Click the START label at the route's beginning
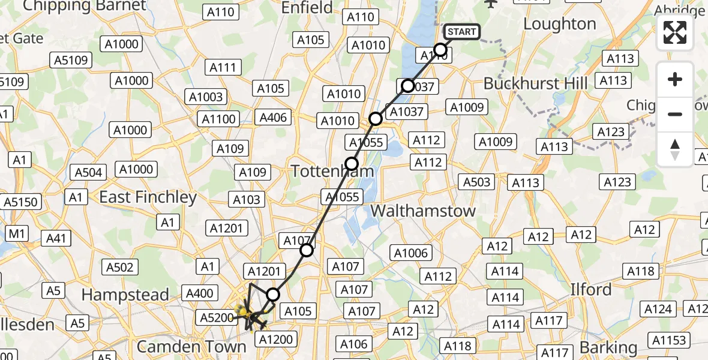462,31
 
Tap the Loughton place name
560,24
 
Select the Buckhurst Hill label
535,83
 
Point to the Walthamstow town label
423,211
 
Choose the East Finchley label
148,197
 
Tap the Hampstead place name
125,295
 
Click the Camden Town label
191,346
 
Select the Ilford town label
591,290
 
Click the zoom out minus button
675,114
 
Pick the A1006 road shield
411,253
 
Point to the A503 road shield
477,182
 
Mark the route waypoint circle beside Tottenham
352,164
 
